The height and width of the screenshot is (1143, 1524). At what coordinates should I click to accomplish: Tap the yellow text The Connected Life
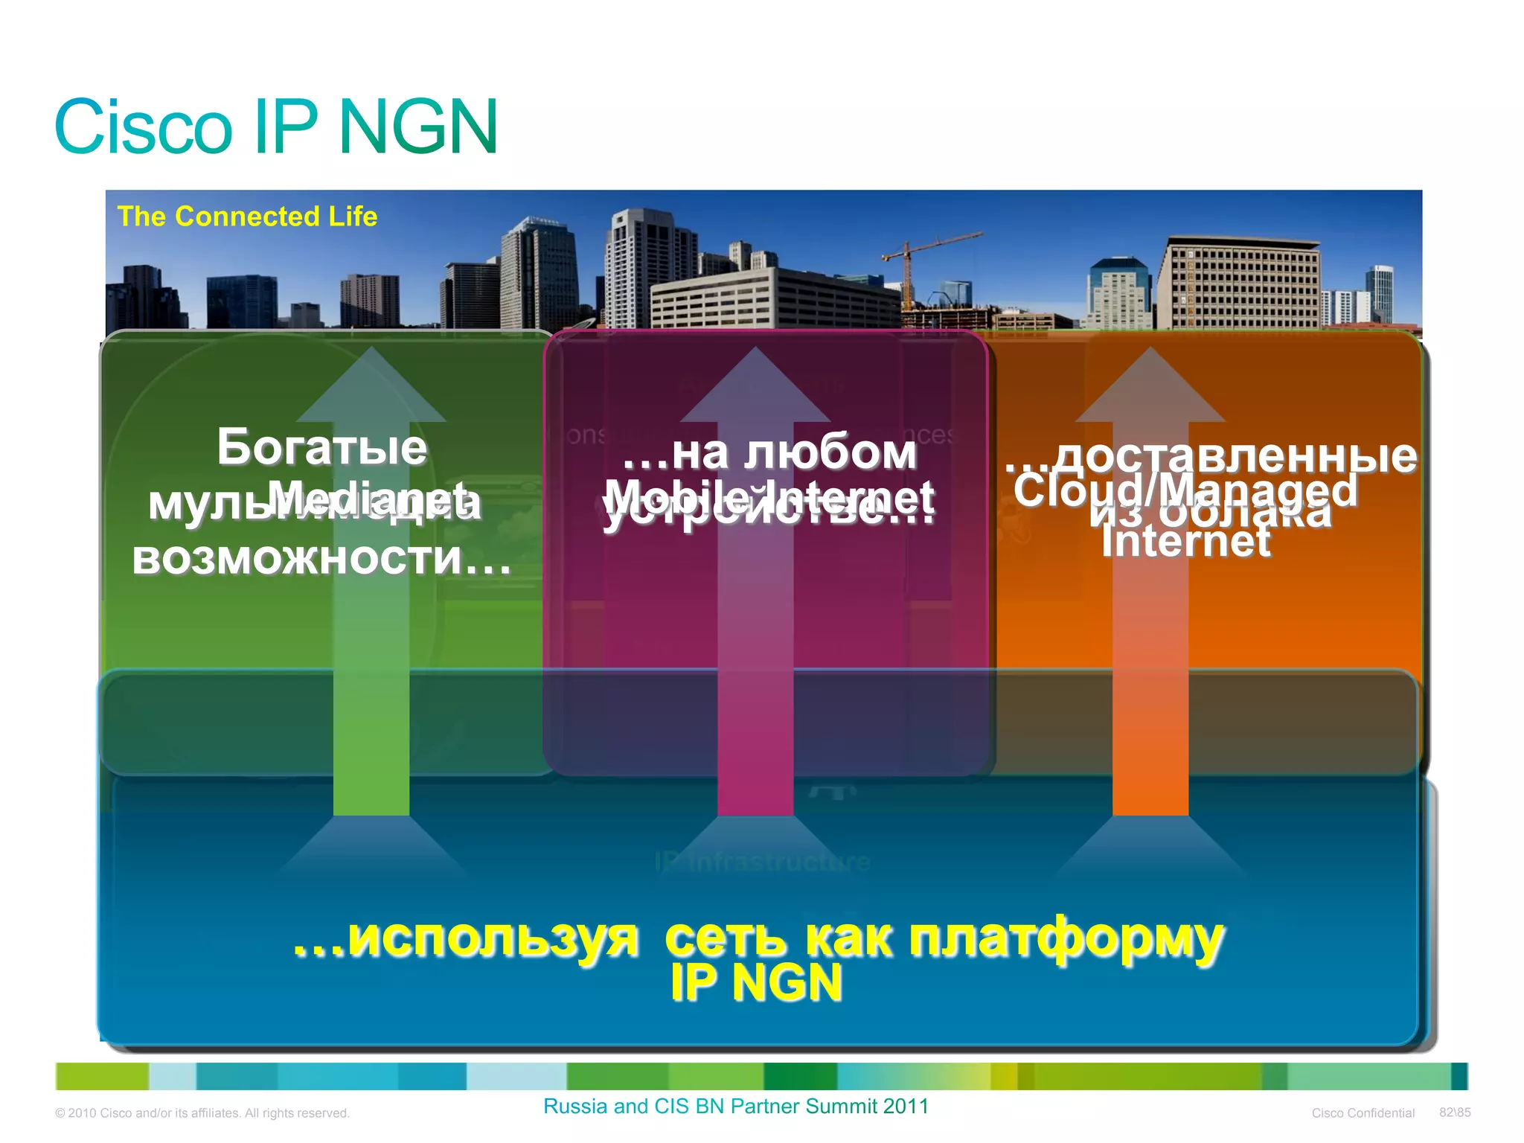pos(247,217)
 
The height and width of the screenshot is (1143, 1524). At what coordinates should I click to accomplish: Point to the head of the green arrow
pos(371,387)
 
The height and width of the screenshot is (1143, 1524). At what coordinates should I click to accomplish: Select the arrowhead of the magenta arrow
pos(755,387)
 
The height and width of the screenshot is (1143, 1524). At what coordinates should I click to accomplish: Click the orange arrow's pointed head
pos(1150,387)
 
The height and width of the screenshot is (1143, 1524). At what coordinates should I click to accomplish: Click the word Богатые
pos(321,447)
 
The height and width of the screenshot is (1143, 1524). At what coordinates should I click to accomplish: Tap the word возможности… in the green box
pos(321,558)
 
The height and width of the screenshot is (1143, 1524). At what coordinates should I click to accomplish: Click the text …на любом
pos(769,452)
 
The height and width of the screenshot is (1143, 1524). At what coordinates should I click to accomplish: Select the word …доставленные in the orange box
pos(1211,455)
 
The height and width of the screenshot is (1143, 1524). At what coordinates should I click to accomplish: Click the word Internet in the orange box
pos(1186,541)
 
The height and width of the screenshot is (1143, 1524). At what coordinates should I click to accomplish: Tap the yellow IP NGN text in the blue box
pos(755,984)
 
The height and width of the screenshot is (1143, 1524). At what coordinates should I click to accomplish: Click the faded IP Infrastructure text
pos(762,862)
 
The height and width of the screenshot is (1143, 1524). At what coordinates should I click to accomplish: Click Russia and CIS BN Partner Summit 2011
pos(735,1107)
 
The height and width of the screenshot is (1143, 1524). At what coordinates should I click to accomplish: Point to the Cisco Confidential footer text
pos(1363,1113)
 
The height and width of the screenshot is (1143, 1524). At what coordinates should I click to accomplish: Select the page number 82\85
pos(1454,1112)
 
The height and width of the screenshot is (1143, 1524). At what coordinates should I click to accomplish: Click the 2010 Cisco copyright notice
pos(202,1113)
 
